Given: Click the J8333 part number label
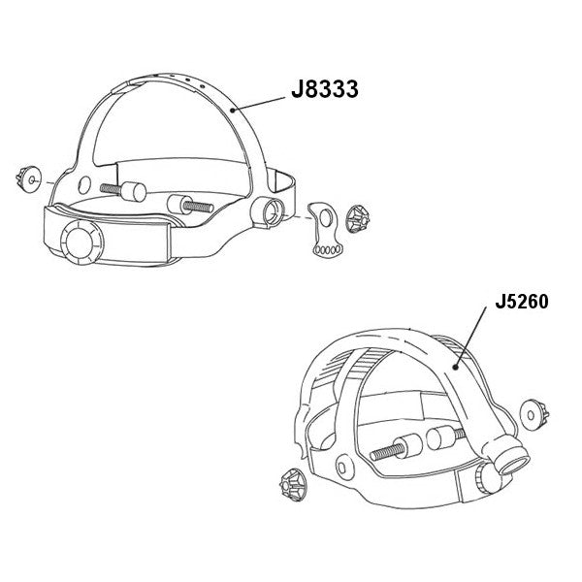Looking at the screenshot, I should pos(325,90).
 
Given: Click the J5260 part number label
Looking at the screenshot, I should pos(521,302).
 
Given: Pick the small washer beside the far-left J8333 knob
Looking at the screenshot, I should pos(37,179).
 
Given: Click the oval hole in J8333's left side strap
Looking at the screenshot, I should pos(84,182).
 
